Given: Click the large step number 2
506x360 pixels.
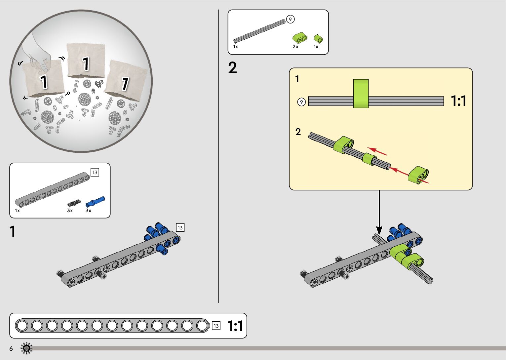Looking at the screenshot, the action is (232, 67).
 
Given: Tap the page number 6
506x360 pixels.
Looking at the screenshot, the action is (11, 348).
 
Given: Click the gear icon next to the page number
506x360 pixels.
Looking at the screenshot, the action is (26, 348).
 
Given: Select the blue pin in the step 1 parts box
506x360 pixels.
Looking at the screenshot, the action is (95, 202).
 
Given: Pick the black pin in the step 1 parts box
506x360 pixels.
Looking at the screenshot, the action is (74, 203).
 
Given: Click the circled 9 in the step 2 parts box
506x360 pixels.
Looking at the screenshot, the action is (290, 19).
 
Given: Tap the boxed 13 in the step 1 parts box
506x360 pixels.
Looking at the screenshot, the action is (95, 173).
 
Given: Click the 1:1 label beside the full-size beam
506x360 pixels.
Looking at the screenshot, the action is (235, 326).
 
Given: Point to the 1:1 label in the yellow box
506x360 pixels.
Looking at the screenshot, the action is (458, 100).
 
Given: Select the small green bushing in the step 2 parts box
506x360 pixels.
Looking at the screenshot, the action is (319, 39).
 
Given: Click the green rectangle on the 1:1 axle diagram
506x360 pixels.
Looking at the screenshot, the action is (361, 93).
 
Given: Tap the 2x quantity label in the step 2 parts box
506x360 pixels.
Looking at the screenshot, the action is (295, 47).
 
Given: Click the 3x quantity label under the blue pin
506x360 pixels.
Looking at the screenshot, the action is (88, 211).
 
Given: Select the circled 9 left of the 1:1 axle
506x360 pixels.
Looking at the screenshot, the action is (301, 102).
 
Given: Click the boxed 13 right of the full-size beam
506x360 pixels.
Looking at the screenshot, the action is (216, 326).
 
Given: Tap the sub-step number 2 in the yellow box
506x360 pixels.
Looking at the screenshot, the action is (298, 132).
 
